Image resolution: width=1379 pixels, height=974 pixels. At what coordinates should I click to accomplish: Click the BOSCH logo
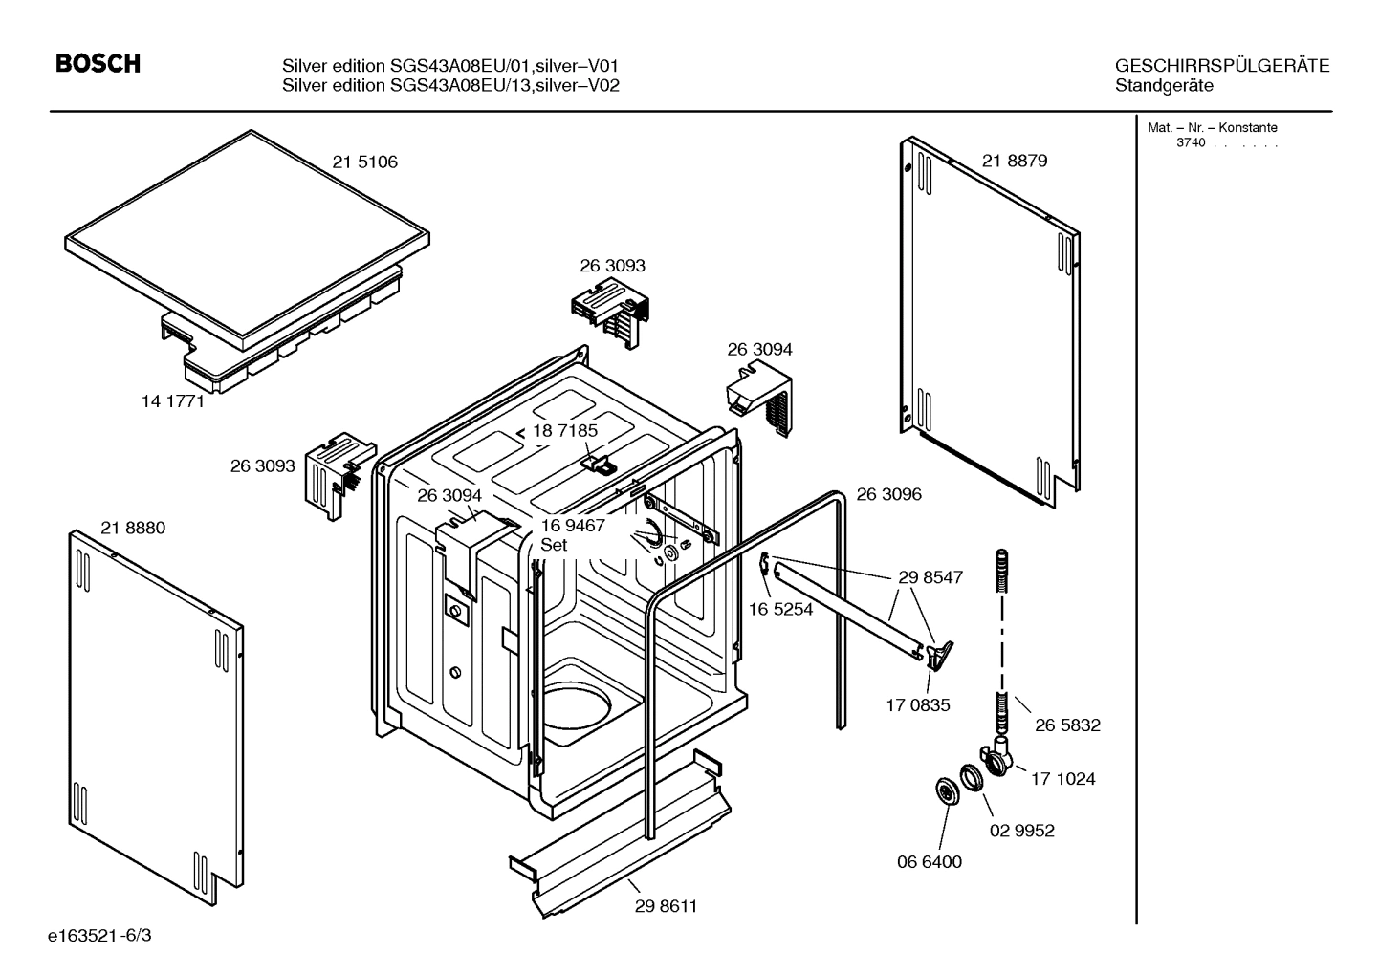click(x=98, y=64)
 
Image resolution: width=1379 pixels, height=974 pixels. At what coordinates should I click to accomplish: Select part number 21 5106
click(x=364, y=162)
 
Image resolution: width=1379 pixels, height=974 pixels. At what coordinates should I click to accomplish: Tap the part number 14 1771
click(x=173, y=401)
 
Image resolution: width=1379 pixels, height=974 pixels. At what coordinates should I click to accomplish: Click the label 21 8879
click(x=1015, y=161)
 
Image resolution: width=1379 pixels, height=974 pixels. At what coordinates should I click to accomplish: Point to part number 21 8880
click(x=133, y=528)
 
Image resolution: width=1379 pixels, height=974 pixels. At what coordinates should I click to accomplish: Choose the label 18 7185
click(x=565, y=431)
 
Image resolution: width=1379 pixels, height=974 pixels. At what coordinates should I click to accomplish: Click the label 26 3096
click(x=888, y=494)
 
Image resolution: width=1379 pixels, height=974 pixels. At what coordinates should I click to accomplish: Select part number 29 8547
click(x=930, y=577)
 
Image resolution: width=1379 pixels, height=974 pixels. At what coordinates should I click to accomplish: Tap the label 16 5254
click(x=780, y=609)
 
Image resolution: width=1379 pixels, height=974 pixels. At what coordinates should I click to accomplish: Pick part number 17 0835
click(x=918, y=705)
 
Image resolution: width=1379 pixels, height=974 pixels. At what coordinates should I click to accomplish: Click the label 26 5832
click(x=1067, y=725)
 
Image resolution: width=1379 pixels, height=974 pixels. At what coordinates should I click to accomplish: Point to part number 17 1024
click(x=1062, y=779)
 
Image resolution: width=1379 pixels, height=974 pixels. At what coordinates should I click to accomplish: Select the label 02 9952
click(x=1021, y=831)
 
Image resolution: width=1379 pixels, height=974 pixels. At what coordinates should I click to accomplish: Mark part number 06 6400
click(x=929, y=861)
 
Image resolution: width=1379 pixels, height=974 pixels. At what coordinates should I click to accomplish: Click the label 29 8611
click(x=666, y=906)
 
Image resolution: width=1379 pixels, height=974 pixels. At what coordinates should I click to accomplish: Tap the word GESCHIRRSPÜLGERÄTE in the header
click(x=1221, y=66)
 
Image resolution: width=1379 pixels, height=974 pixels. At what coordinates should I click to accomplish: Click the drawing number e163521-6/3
click(x=105, y=935)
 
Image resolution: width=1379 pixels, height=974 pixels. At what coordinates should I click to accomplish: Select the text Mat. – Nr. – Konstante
click(x=1212, y=128)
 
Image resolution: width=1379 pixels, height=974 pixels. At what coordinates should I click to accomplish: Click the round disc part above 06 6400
click(x=947, y=792)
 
